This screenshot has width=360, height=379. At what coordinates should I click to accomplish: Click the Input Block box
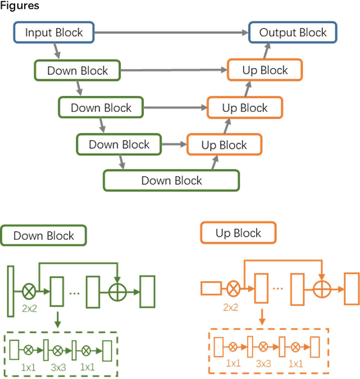54,33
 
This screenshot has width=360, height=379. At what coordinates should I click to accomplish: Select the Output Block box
292,33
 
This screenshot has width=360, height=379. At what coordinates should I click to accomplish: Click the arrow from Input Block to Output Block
172,33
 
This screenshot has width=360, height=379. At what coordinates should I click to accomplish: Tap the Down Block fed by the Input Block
77,71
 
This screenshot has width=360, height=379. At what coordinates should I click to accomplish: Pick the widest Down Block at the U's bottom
171,181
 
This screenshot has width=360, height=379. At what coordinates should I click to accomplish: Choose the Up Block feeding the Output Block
265,70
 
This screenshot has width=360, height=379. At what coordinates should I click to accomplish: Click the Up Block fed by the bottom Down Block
224,145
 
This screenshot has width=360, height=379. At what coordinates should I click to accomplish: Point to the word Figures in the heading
20,6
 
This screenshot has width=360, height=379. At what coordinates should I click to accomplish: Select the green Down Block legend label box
44,236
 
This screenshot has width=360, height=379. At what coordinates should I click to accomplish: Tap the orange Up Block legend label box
238,233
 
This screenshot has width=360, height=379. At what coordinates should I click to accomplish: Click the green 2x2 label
30,308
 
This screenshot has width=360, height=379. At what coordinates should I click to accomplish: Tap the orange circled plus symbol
321,288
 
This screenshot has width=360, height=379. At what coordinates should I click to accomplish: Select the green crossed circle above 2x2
29,291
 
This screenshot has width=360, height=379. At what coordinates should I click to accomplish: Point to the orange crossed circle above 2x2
233,288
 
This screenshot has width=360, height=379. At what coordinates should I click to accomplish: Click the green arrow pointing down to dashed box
57,320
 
